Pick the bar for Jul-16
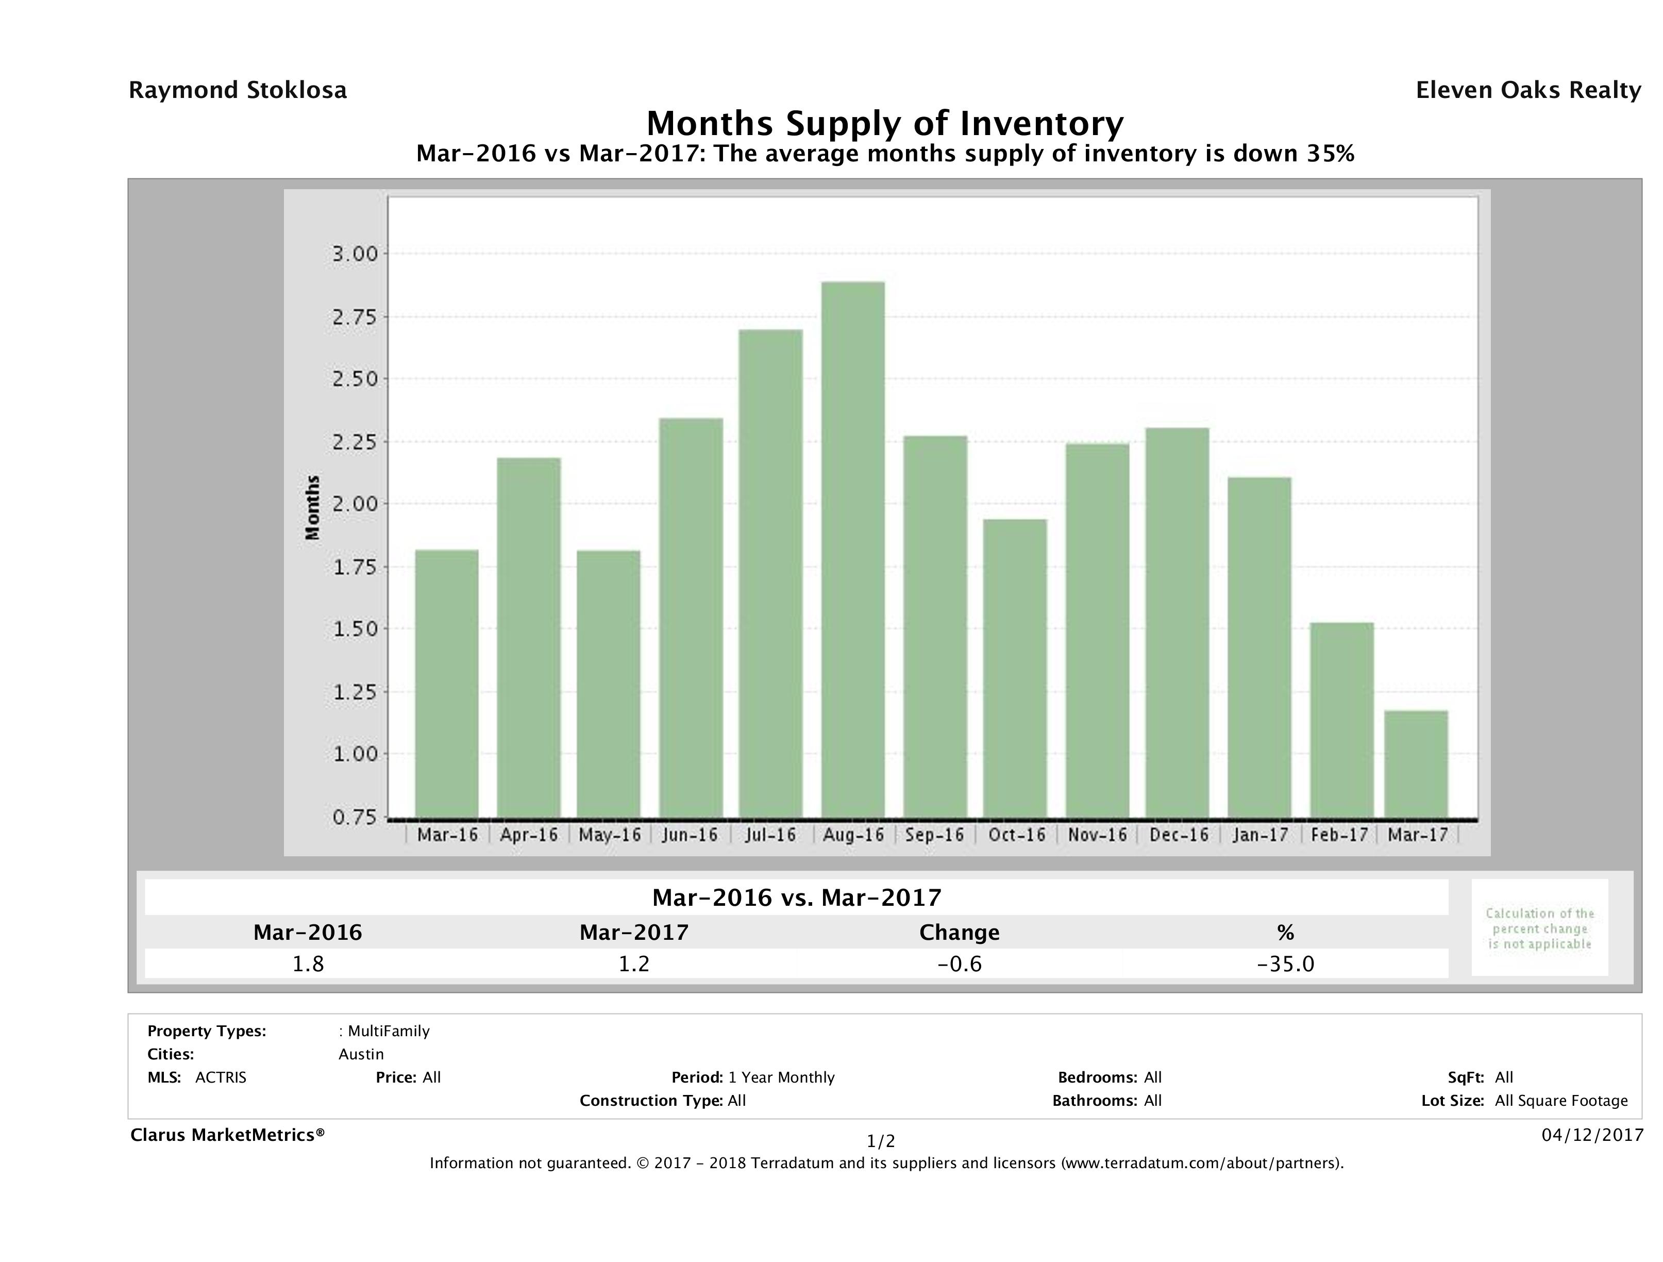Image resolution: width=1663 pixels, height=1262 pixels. pos(770,573)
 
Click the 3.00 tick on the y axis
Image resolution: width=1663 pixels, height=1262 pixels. pos(355,254)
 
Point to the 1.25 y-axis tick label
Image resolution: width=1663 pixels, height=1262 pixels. pos(355,691)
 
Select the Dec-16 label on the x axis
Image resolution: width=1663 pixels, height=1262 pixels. pos(1179,835)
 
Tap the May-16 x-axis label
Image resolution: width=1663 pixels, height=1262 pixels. pos(610,835)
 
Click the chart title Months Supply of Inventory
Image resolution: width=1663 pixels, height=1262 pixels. pos(885,123)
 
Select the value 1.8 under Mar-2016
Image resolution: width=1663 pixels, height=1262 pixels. pos(308,964)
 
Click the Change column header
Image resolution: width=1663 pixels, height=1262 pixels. pos(960,933)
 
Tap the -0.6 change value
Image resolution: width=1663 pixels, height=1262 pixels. pos(960,964)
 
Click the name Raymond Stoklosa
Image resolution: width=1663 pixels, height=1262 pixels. pos(238,90)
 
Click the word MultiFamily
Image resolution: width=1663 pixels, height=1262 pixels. pos(389,1031)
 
